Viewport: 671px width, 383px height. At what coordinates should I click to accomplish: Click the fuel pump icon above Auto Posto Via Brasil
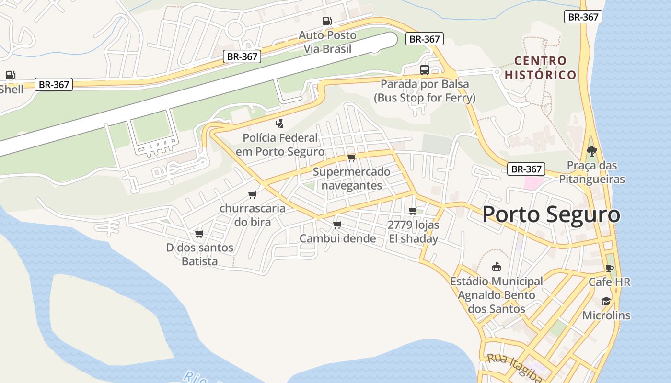(x=327, y=21)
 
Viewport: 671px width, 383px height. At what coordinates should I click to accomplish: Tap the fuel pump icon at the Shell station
(x=10, y=75)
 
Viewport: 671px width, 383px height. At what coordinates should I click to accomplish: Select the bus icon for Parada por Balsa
(x=425, y=70)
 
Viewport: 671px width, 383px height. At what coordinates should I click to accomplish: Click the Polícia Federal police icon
(x=280, y=124)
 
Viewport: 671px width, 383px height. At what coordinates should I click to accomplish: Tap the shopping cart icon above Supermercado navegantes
(x=352, y=158)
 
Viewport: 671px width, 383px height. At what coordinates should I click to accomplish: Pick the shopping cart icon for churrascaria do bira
(x=253, y=194)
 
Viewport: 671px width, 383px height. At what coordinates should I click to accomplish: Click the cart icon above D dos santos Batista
(x=199, y=234)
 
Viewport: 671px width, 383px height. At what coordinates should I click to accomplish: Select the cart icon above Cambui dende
(x=337, y=225)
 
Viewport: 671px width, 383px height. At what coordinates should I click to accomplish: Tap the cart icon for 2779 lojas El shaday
(x=413, y=211)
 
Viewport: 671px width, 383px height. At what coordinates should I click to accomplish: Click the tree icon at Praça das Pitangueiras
(x=592, y=151)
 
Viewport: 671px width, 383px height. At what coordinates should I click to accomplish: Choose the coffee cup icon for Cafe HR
(x=609, y=268)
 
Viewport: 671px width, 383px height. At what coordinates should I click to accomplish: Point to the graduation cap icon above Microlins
(x=606, y=302)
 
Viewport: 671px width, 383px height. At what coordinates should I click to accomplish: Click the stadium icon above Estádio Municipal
(x=497, y=267)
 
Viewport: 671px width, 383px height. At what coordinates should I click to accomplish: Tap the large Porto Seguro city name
(x=551, y=214)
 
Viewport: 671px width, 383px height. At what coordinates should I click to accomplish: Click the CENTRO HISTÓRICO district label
(x=540, y=68)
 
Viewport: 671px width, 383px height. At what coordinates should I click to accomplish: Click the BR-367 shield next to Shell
(x=54, y=85)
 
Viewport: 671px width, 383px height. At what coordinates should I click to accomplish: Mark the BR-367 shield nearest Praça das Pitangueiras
(x=526, y=169)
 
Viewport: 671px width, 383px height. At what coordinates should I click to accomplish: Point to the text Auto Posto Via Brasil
(x=327, y=42)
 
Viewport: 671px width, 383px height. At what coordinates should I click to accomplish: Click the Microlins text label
(x=606, y=315)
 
